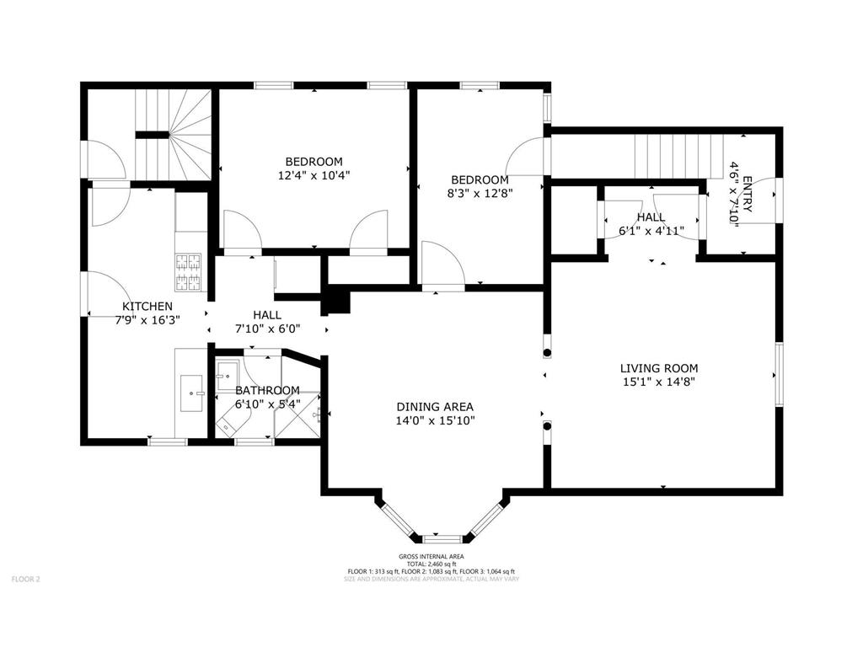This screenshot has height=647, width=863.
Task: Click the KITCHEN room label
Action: point(147,307)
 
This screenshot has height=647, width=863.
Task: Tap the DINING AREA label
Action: point(435,407)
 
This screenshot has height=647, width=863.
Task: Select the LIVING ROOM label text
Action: point(659,369)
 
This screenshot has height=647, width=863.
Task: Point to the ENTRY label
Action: point(747,194)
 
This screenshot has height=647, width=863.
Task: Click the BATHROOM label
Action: point(267,391)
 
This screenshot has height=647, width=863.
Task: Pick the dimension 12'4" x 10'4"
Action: point(314,175)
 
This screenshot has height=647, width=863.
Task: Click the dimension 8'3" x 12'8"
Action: point(480,193)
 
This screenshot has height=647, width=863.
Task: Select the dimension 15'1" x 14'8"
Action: point(659,382)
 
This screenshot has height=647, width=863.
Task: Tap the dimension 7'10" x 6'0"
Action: point(267,329)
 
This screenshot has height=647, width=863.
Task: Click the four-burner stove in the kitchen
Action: point(189,272)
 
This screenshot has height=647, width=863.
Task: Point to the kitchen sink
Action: point(191,393)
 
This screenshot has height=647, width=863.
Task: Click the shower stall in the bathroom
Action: point(297,415)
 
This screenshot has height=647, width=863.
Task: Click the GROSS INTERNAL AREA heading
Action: point(431,557)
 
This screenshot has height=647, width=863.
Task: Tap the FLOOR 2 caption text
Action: point(26,579)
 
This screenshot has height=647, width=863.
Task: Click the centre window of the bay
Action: point(438,538)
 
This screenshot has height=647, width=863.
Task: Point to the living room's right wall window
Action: point(779,374)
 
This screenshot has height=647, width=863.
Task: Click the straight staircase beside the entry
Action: point(679,156)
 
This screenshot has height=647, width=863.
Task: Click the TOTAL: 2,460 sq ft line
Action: point(431,564)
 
